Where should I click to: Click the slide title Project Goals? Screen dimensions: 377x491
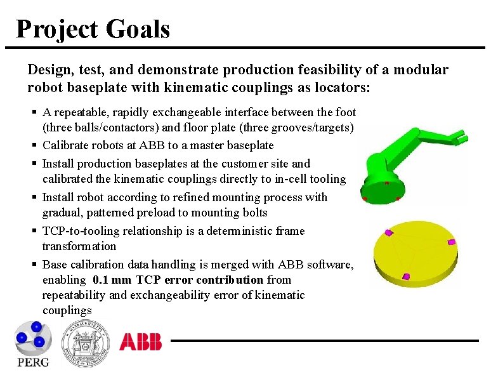point(93,29)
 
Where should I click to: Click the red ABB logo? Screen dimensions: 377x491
point(141,342)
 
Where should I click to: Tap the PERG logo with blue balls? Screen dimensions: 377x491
point(32,343)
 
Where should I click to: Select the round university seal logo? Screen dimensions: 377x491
point(85,343)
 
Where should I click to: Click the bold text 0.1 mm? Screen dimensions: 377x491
point(114,279)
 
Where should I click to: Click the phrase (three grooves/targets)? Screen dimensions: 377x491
point(298,128)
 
